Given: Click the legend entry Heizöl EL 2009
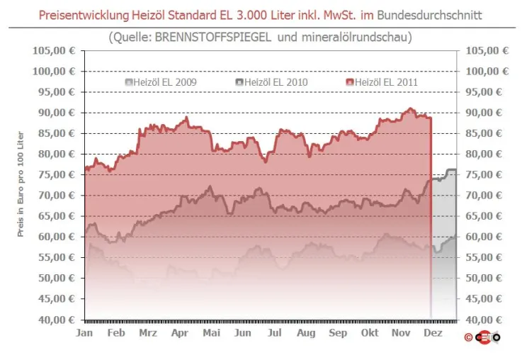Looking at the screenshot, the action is click(x=161, y=82).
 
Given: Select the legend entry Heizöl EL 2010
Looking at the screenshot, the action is click(x=272, y=82).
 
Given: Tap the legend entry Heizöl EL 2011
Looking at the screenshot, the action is click(x=382, y=82).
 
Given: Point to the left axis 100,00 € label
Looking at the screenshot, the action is click(x=54, y=72).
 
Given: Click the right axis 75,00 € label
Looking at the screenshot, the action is click(x=484, y=174).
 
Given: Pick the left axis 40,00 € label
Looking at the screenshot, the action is click(x=57, y=320).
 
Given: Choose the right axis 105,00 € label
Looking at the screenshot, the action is click(x=487, y=50).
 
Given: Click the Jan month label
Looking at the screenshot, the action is click(x=84, y=332).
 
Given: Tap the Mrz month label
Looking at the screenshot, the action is click(x=148, y=332).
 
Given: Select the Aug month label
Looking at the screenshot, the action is click(x=306, y=332).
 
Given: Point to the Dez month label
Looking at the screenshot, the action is click(x=433, y=332).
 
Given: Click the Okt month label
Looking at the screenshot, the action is click(x=370, y=332).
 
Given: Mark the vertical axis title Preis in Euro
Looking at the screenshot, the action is click(x=21, y=184).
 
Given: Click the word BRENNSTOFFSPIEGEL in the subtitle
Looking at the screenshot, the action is click(x=213, y=37).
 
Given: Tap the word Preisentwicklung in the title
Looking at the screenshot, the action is click(x=84, y=16).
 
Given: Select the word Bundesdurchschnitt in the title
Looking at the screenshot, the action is click(x=429, y=16).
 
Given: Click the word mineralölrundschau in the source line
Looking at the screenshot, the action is click(x=355, y=37).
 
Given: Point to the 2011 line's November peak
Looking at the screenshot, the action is click(x=410, y=108).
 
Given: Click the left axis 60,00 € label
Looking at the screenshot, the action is click(x=57, y=237).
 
